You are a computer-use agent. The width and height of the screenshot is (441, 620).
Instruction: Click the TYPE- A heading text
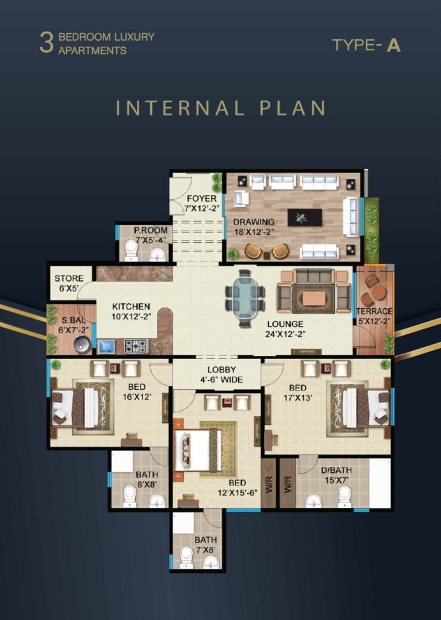click(x=366, y=45)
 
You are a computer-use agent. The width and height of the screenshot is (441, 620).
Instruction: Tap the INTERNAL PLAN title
click(x=221, y=108)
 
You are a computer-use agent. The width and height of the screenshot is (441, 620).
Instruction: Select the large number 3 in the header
click(x=46, y=44)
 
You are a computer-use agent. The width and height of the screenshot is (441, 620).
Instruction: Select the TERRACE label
click(x=374, y=311)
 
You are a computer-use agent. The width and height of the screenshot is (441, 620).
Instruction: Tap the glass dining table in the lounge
click(x=245, y=297)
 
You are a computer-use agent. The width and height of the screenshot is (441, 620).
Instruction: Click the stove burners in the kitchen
click(x=136, y=346)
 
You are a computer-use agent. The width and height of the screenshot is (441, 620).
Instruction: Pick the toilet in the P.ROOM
click(x=131, y=249)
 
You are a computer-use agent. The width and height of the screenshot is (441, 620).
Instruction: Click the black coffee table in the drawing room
click(x=305, y=217)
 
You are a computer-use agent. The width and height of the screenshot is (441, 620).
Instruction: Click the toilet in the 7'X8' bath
click(x=186, y=556)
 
